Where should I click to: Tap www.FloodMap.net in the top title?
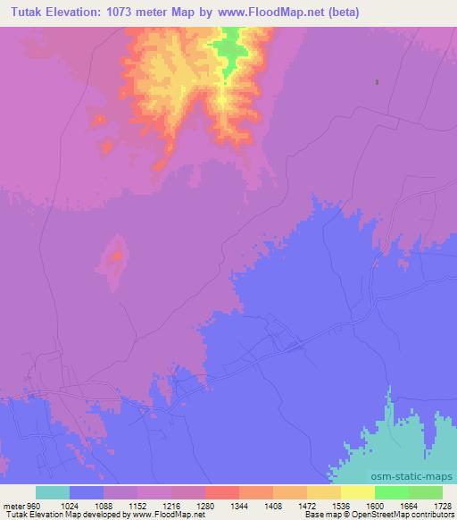click(280, 13)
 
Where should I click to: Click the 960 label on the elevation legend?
click(34, 505)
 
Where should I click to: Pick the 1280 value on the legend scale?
click(204, 505)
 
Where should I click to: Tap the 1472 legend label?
click(306, 505)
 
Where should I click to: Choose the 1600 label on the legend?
click(374, 505)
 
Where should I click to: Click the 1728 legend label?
click(442, 505)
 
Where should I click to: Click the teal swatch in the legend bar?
click(52, 492)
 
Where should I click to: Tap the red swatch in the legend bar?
click(221, 492)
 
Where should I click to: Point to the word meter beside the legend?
click(14, 505)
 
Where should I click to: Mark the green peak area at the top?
click(229, 49)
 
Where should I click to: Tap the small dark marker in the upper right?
click(377, 82)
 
